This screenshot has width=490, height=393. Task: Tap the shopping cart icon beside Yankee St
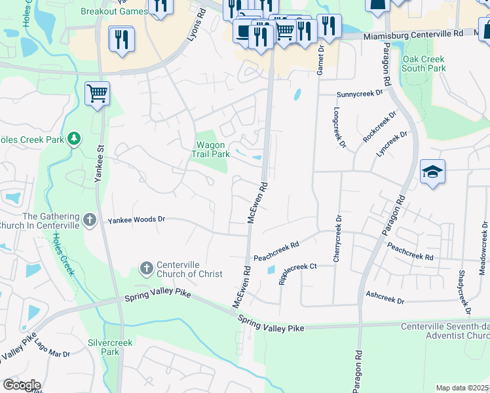tap(97, 94)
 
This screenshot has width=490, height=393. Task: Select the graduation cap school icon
tap(433, 172)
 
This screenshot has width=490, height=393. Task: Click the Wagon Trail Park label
tap(210, 149)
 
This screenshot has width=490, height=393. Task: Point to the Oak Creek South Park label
tap(423, 64)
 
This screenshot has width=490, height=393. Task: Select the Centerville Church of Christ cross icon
tap(146, 269)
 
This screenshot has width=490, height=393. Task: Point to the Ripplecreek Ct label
tap(297, 273)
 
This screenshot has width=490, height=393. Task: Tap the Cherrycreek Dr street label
tap(337, 238)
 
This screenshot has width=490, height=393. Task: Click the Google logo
tap(22, 384)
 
